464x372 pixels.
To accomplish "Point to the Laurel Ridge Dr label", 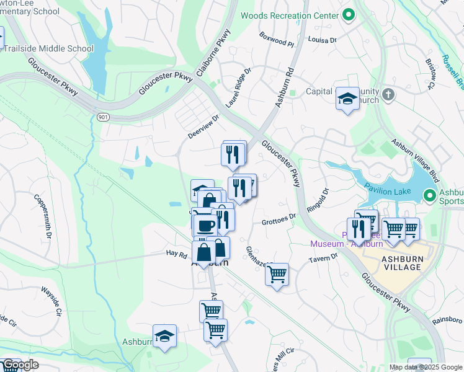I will (239, 88).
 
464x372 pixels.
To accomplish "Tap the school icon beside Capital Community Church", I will (347, 98).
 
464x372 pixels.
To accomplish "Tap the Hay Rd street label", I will (176, 254).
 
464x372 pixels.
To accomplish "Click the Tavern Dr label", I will (325, 257).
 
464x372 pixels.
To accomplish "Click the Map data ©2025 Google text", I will (425, 367).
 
